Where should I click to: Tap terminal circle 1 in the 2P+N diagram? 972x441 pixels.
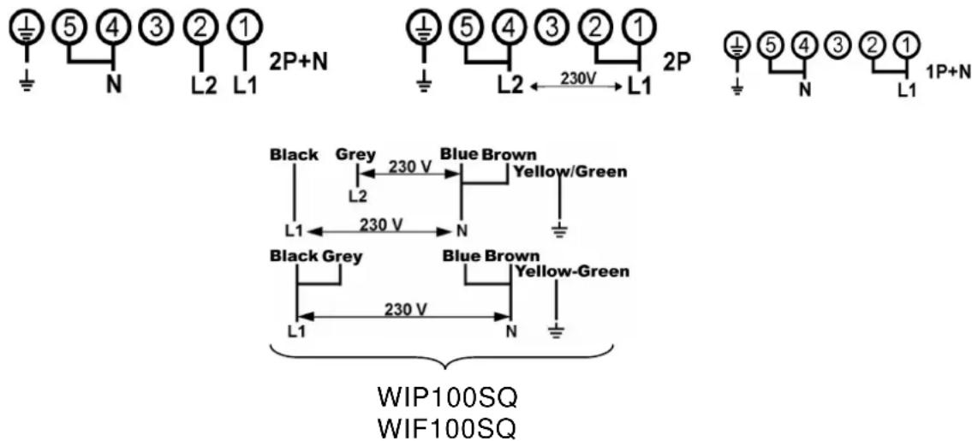click(246, 29)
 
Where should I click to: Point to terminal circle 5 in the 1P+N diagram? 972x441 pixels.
click(769, 45)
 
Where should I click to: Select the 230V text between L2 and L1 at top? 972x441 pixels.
click(575, 79)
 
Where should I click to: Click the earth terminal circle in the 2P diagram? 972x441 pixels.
click(424, 29)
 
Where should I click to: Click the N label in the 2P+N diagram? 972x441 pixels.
click(113, 86)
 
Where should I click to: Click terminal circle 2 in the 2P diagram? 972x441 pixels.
click(594, 29)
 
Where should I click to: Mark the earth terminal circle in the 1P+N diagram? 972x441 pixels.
click(738, 45)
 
